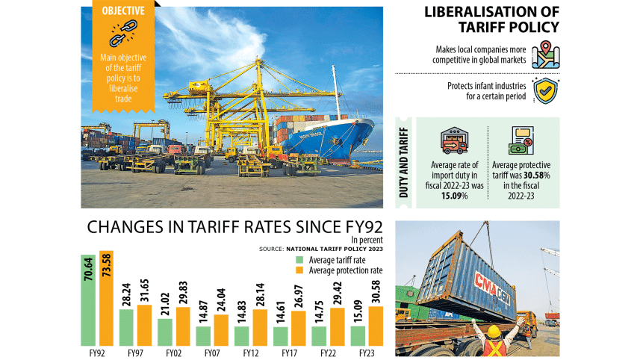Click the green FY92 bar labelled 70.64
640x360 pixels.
89,300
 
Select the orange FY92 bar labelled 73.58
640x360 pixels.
106,298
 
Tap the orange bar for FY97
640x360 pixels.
144,325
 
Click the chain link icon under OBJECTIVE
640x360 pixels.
120,34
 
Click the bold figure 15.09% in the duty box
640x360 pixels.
453,196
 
